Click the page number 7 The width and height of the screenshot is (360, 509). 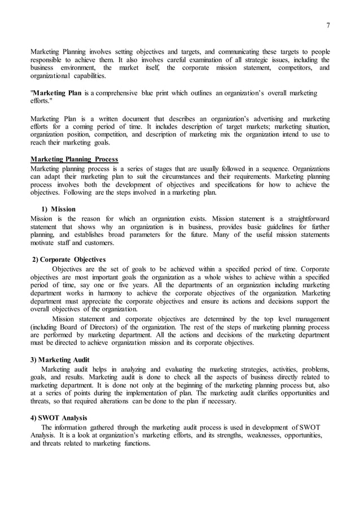pyautogui.click(x=328, y=25)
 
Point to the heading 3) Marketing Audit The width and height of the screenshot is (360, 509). pyautogui.click(x=59, y=359)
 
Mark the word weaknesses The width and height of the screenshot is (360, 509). pyautogui.click(x=248, y=435)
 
